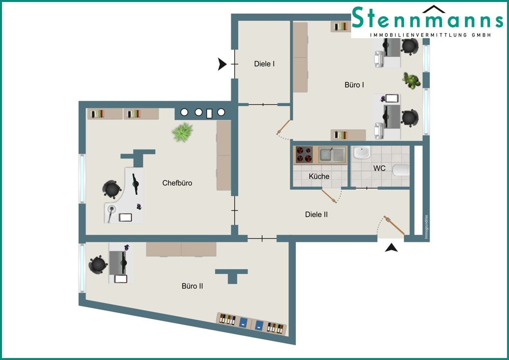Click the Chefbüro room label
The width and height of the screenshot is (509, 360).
(x=177, y=183)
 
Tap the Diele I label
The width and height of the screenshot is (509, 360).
(x=264, y=64)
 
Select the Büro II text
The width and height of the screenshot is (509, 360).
(x=192, y=286)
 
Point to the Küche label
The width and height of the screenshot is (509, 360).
(x=319, y=176)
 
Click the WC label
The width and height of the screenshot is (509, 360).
(x=379, y=168)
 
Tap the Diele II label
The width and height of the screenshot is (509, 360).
(x=316, y=215)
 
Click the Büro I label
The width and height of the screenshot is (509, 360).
(x=354, y=85)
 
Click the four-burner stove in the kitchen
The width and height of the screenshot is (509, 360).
(x=304, y=155)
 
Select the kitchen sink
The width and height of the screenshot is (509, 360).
(x=332, y=154)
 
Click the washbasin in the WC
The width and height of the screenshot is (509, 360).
(x=362, y=153)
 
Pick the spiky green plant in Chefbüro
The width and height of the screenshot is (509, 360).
(x=183, y=132)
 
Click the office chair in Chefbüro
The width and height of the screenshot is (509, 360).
(x=112, y=189)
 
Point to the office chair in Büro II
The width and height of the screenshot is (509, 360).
(x=98, y=265)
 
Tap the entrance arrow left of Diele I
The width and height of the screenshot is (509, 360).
(x=222, y=64)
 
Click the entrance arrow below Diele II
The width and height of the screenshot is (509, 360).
(x=391, y=248)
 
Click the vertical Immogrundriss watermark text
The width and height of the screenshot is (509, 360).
(x=426, y=227)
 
